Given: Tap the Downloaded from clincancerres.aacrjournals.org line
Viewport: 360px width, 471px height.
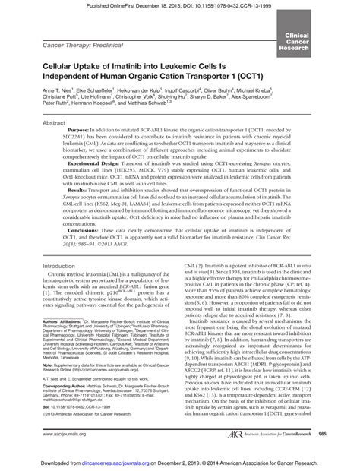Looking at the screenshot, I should pos(180,463).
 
